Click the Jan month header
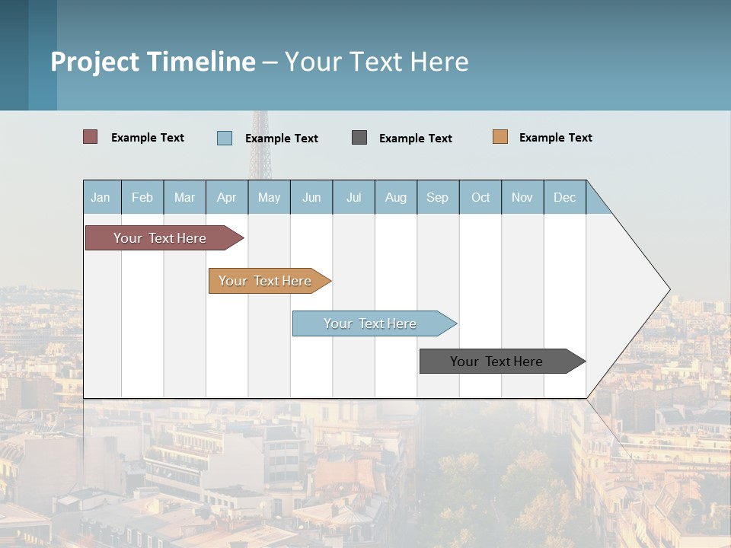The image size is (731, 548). point(101,197)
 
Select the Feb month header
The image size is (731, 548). point(142,197)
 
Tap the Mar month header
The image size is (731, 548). point(184,197)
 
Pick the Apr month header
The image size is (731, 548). point(227,197)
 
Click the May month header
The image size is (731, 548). point(269,197)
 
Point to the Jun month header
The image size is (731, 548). point(311,197)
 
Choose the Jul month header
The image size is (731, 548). point(353,197)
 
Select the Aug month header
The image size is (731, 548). point(396,197)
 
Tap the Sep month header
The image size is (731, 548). point(438,197)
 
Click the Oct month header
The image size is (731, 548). point(480,197)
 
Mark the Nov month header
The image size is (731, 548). point(522,197)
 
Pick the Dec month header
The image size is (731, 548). point(565,197)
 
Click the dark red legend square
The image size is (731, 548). point(91,137)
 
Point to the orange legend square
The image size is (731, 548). point(500,137)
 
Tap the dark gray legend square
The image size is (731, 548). point(359,138)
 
